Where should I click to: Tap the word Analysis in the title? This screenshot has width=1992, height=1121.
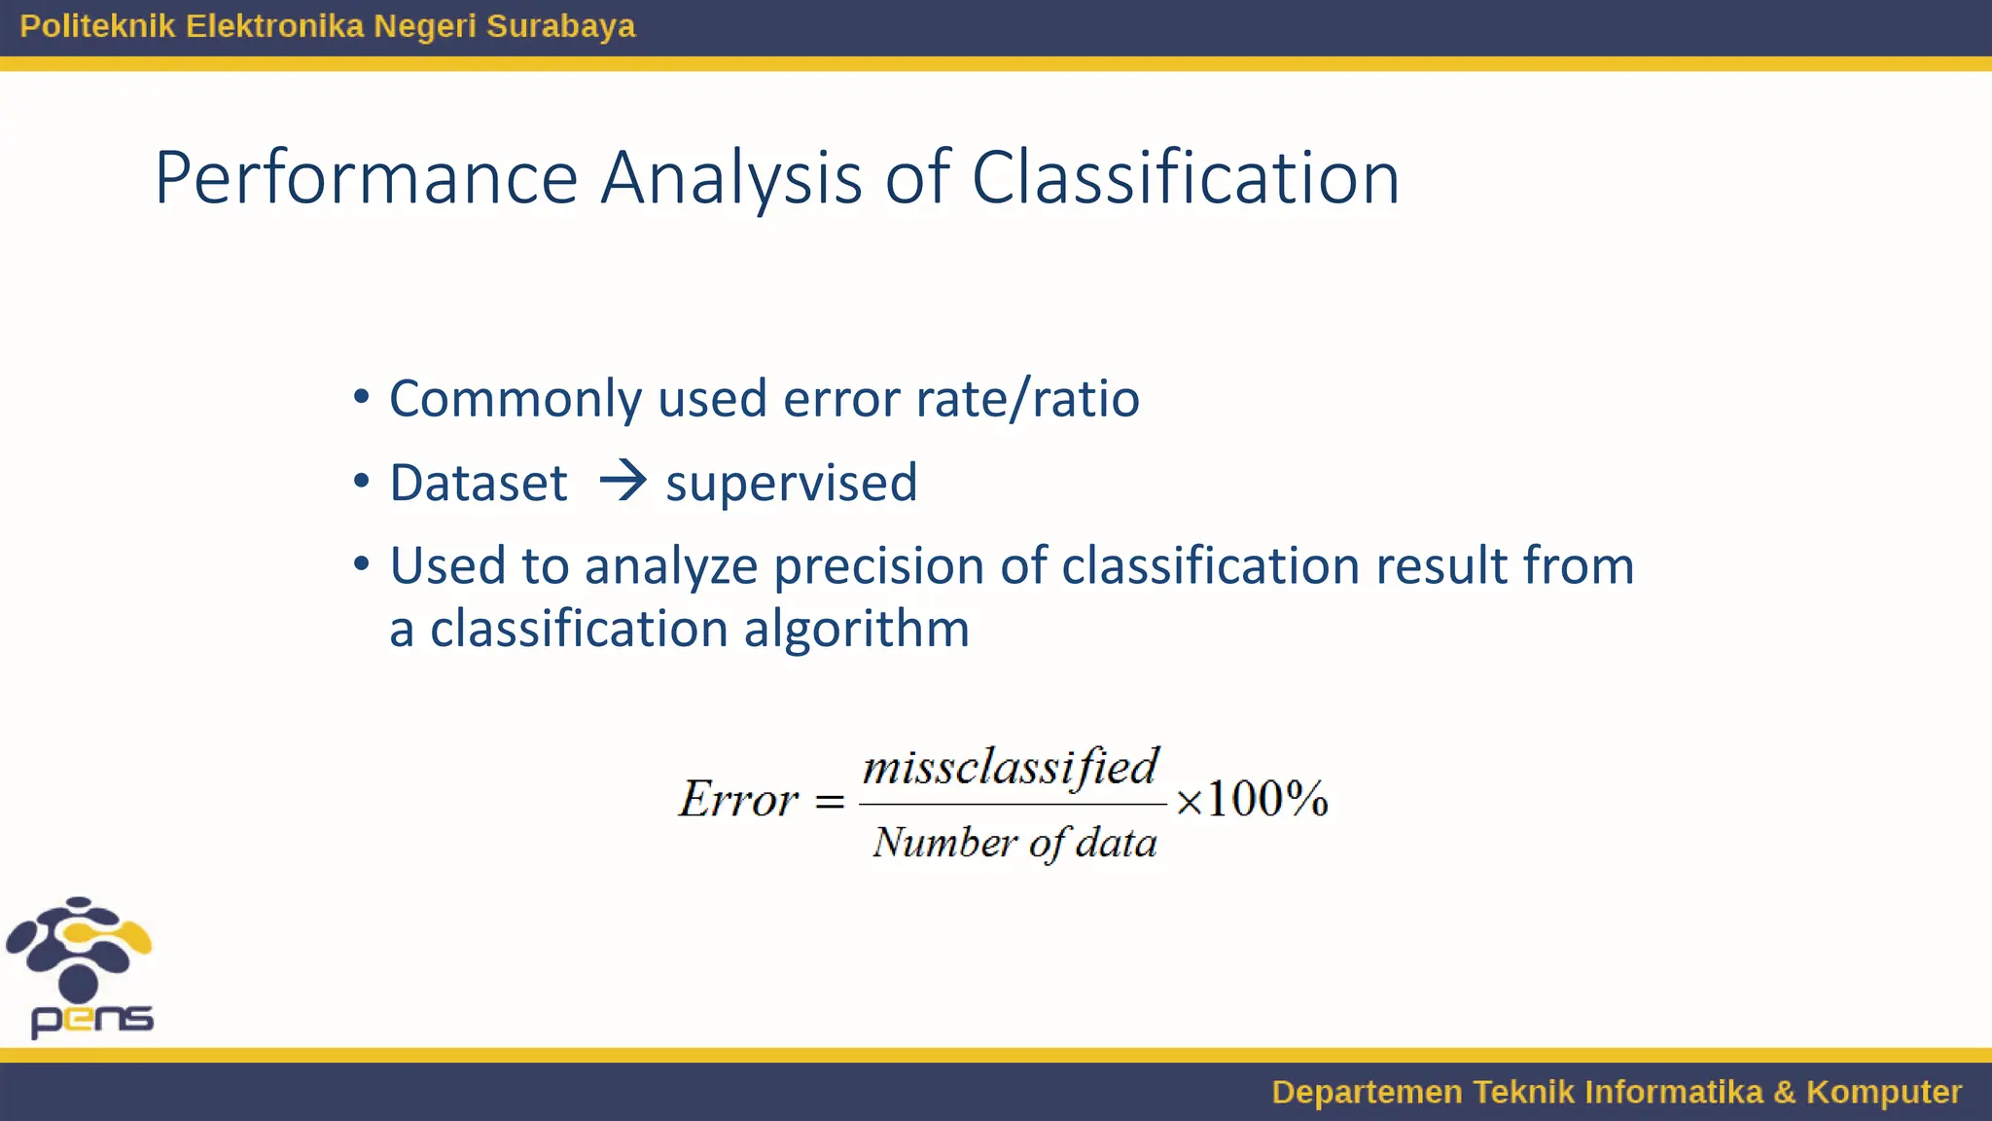(730, 178)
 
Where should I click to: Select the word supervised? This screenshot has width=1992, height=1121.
(791, 484)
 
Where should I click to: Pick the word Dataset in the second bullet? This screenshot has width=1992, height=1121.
(478, 483)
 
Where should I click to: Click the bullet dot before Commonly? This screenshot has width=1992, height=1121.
(362, 397)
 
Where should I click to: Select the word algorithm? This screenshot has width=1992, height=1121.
(856, 629)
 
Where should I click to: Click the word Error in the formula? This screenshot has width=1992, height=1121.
(738, 800)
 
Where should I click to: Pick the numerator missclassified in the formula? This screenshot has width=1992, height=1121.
(1011, 767)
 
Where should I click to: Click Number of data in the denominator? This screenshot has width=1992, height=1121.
(1014, 843)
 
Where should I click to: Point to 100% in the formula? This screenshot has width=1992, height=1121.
(1266, 800)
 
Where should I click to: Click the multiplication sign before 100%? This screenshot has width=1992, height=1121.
(1189, 802)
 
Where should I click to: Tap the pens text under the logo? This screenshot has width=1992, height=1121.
(92, 1019)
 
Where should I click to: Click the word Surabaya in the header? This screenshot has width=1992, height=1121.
(560, 26)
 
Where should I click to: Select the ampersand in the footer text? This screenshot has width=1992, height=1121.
(1784, 1092)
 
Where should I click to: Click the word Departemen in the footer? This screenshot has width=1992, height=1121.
(1366, 1092)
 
